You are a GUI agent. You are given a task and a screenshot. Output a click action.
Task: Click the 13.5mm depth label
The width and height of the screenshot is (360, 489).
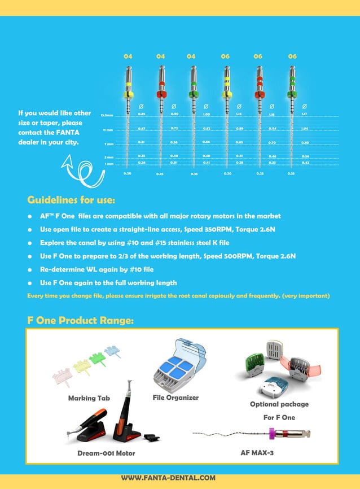(107, 115)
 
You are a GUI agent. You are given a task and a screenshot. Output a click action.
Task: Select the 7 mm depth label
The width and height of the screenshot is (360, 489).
(109, 145)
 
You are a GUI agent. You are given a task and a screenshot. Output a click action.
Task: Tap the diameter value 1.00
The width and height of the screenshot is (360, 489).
(207, 115)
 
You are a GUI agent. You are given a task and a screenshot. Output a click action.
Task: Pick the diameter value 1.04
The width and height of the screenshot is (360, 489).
(305, 129)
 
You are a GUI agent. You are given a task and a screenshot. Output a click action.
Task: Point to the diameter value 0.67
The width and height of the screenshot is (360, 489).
(142, 129)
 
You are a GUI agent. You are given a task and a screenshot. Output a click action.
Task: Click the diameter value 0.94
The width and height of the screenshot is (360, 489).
(272, 129)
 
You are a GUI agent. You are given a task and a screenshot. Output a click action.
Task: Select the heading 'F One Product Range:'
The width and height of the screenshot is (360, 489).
(80, 321)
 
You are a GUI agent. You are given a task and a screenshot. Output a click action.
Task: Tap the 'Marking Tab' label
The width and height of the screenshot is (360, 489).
(89, 398)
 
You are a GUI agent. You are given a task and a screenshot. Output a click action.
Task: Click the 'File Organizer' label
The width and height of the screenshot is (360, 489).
(175, 398)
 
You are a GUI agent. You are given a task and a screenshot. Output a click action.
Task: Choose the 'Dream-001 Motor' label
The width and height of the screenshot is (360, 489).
(106, 453)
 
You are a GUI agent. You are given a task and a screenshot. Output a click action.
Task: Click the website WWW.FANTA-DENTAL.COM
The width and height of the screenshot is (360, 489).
(168, 478)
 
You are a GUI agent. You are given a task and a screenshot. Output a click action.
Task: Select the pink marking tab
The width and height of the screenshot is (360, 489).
(63, 376)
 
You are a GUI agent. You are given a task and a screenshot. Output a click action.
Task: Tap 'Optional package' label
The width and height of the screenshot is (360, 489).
(279, 404)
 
